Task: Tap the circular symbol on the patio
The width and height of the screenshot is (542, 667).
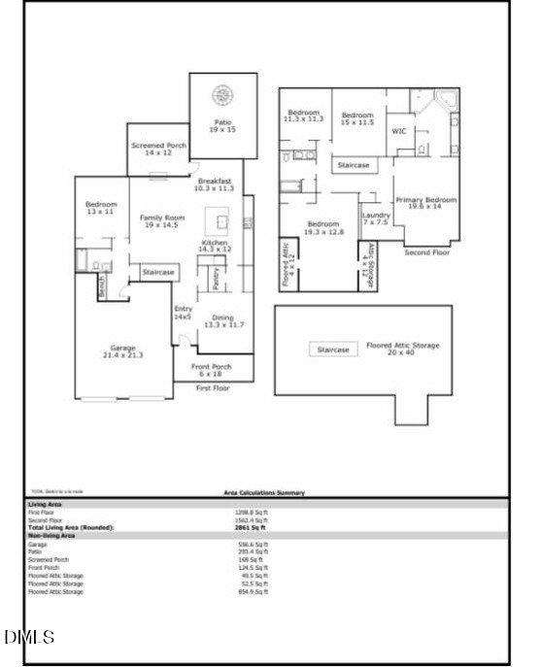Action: pos(223,95)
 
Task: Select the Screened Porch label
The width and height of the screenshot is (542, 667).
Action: pos(157,149)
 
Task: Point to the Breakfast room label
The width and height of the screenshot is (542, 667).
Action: pos(214,184)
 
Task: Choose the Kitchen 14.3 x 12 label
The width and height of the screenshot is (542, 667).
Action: pos(215,246)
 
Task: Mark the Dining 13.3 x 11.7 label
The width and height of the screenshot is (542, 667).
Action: pos(224,321)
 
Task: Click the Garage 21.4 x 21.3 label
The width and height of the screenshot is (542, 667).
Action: pos(122,351)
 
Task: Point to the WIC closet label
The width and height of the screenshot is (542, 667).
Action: pos(398,130)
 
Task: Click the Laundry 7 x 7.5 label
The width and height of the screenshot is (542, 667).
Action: pos(376,218)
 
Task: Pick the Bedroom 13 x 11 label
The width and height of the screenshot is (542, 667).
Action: pos(101,208)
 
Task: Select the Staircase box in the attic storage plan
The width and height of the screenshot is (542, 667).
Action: pos(333,350)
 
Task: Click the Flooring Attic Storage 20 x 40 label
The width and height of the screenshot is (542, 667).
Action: pos(402,349)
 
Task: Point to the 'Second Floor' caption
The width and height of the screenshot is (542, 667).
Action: pos(426,252)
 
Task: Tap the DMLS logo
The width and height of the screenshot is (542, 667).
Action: pos(29,637)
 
